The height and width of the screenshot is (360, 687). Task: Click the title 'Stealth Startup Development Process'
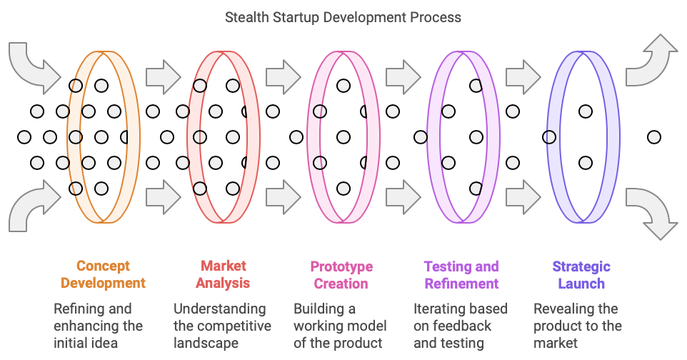[x=343, y=16]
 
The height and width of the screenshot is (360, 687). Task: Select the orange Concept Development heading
[x=103, y=274]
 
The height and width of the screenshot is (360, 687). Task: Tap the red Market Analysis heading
[x=223, y=274]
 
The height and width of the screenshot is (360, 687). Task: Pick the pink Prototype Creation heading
[x=341, y=275]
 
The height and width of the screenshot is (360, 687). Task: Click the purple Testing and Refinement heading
[x=461, y=275]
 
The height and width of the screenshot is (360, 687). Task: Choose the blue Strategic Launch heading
[x=581, y=275]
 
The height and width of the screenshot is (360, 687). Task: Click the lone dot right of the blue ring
[x=653, y=137]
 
